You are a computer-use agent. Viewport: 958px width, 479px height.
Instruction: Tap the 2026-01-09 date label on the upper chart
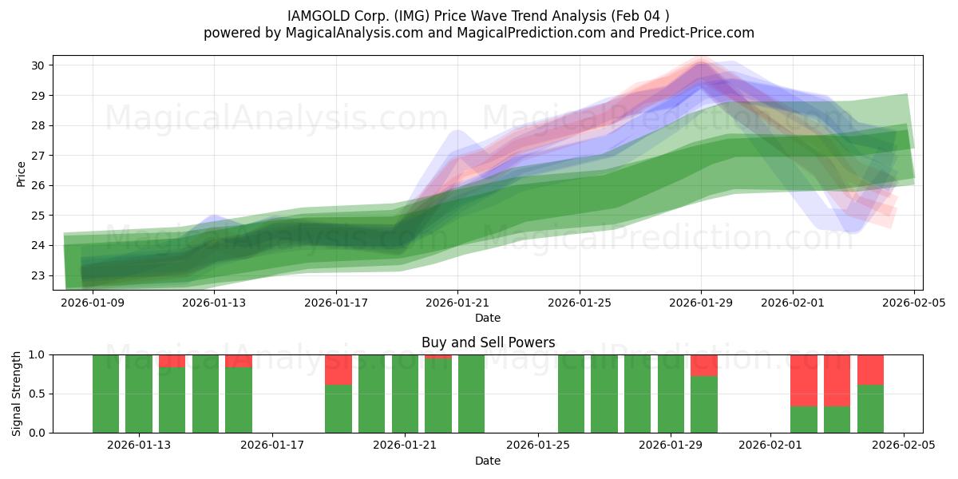click(x=92, y=303)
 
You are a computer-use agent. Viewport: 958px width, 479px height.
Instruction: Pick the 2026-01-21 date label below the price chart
click(x=457, y=303)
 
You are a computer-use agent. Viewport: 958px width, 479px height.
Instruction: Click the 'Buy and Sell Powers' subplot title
click(x=488, y=342)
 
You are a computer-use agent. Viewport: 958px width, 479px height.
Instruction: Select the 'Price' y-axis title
click(x=21, y=173)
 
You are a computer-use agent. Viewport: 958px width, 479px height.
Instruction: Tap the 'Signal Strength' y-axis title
click(x=17, y=394)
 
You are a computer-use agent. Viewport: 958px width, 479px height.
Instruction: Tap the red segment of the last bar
click(x=870, y=370)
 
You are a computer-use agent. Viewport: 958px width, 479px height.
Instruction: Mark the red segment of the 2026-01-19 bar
click(x=338, y=370)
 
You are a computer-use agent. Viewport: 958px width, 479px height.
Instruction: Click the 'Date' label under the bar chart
click(x=488, y=461)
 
